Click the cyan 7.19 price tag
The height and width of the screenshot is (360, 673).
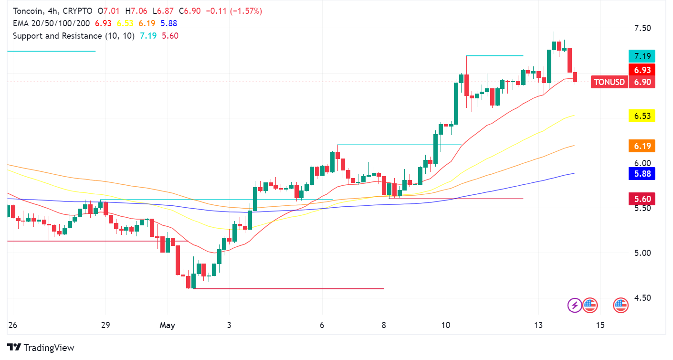(641, 56)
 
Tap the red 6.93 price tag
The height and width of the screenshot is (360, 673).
(641, 70)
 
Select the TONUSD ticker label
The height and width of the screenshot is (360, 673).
(608, 82)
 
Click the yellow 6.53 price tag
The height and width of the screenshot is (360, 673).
(641, 116)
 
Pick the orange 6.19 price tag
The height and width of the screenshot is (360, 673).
(641, 146)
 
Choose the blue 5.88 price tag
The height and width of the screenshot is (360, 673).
(641, 174)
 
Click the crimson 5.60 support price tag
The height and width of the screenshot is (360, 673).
(641, 199)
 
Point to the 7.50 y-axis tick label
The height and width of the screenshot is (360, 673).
(642, 28)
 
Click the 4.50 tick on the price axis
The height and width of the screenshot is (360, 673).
(642, 298)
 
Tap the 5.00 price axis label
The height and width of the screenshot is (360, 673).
(642, 253)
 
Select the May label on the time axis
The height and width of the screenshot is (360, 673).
(167, 325)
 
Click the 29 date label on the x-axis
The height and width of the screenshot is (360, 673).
(105, 325)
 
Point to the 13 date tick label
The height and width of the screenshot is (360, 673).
(539, 325)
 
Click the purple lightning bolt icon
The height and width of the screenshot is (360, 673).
(574, 305)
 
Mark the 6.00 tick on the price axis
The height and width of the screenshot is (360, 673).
(642, 163)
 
